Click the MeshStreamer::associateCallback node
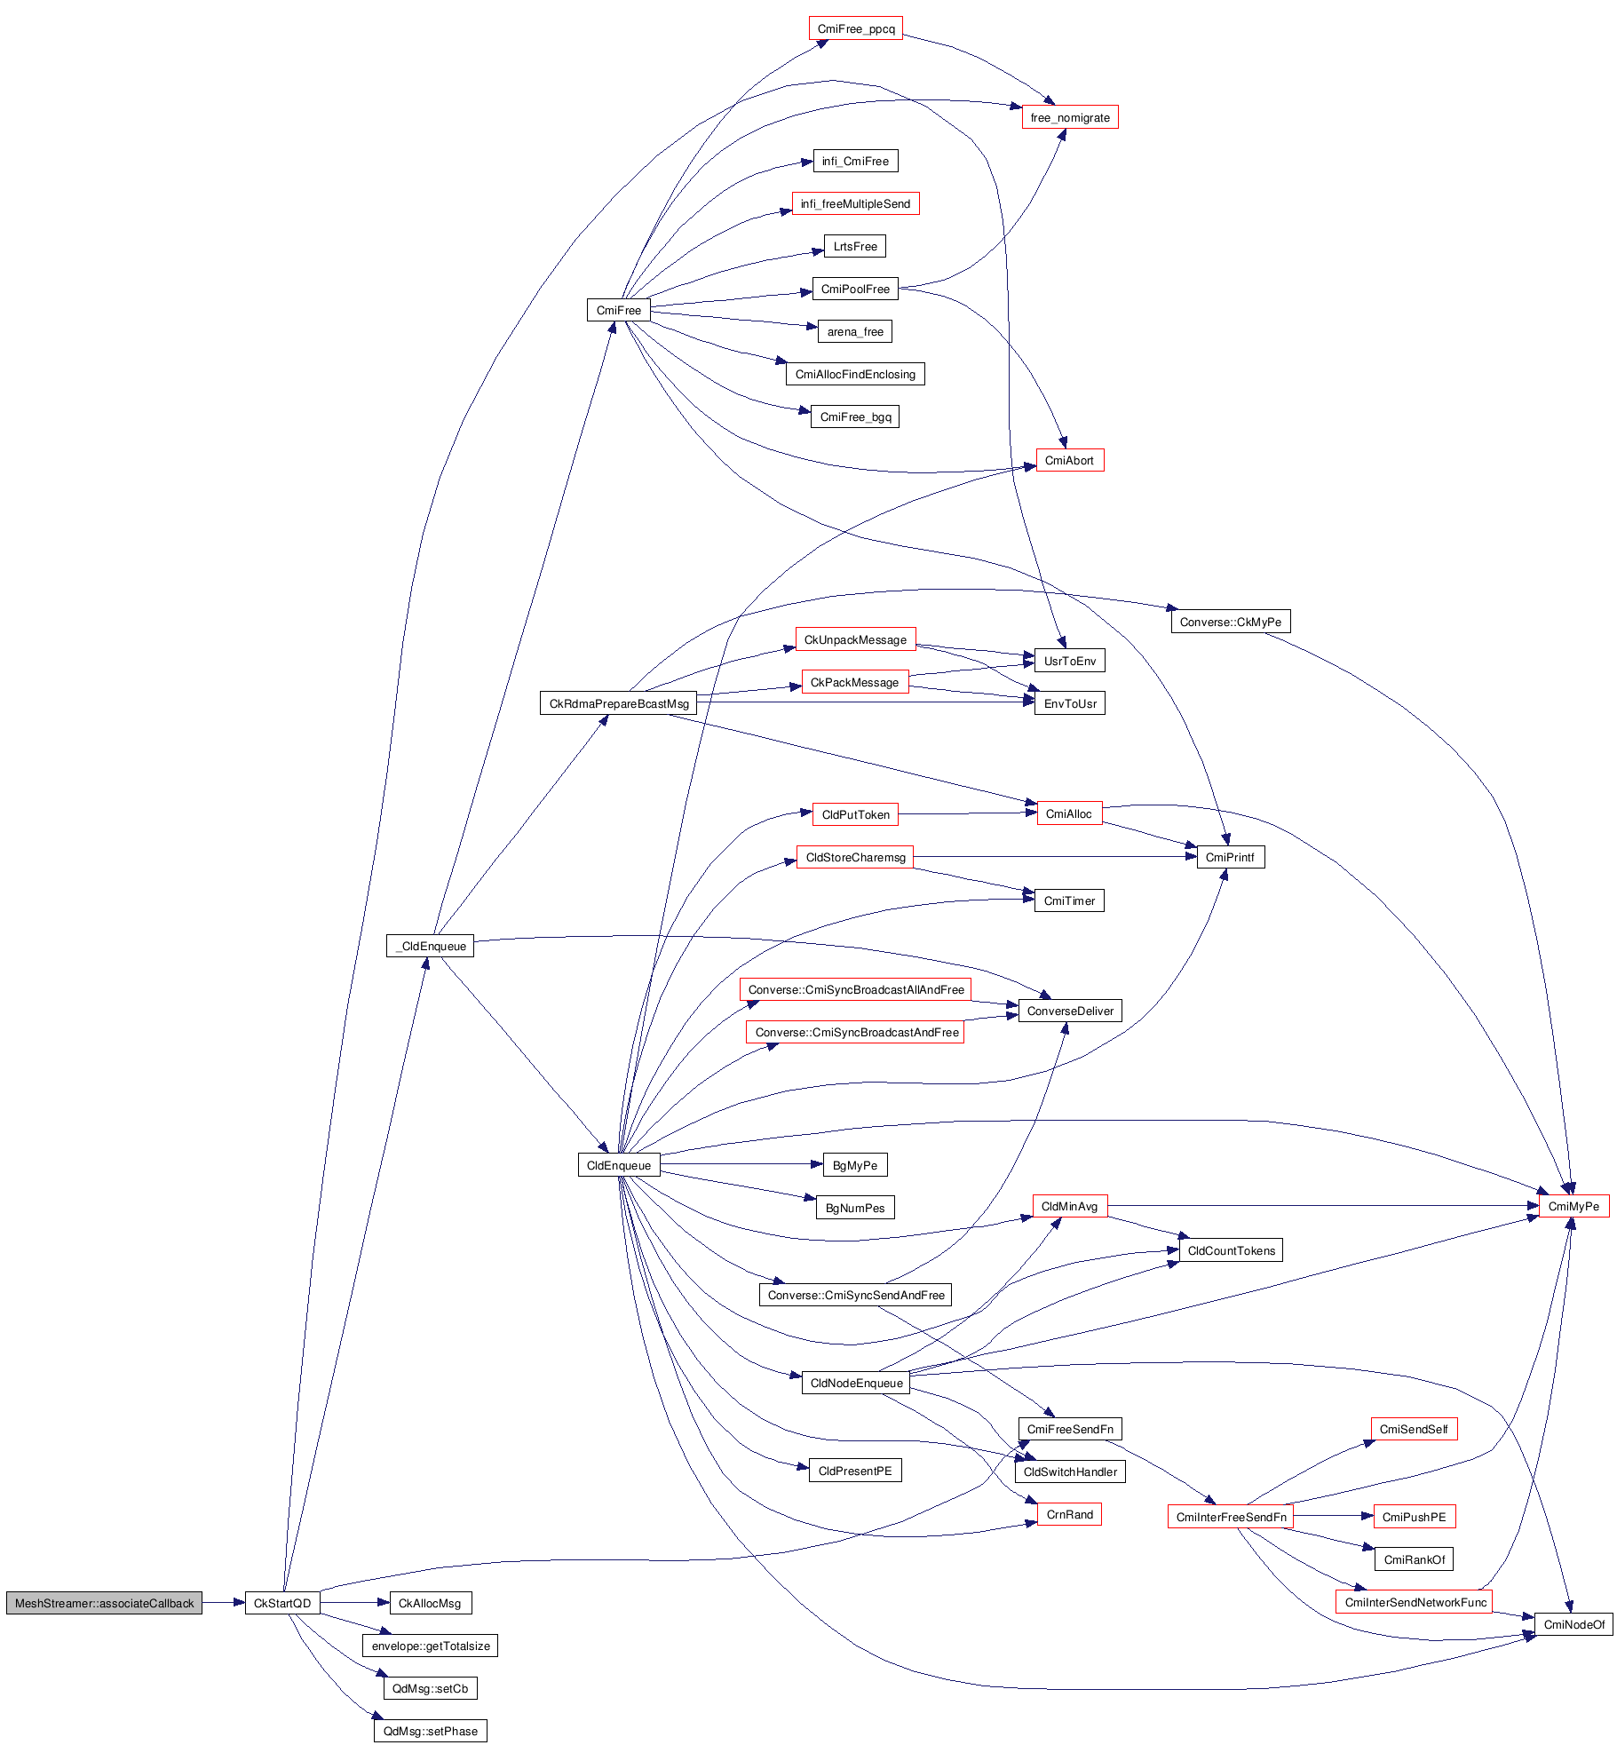[104, 1603]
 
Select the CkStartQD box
[282, 1603]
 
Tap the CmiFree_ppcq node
[855, 29]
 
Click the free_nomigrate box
[1069, 117]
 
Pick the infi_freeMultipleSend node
[855, 204]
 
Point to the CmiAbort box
[1069, 460]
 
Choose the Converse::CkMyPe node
[1230, 622]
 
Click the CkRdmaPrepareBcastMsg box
[618, 703]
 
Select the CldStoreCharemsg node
[855, 857]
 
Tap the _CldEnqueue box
[431, 946]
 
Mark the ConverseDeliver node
[1069, 1011]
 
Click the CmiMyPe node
[1573, 1206]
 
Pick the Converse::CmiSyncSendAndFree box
[855, 1295]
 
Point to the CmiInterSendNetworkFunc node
[1415, 1602]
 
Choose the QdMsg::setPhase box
[430, 1731]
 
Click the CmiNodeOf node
[1573, 1624]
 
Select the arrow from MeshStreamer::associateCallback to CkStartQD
[223, 1603]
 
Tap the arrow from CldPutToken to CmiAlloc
[967, 813]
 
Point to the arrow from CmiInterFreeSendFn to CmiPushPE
[1333, 1516]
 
